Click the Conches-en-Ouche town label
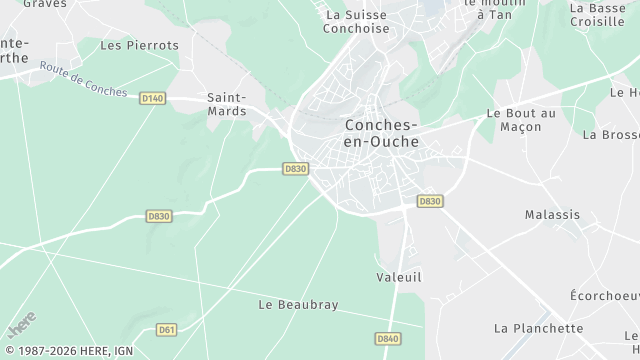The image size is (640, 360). click(x=381, y=134)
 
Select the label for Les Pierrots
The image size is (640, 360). click(x=140, y=45)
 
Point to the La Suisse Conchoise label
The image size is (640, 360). click(x=356, y=22)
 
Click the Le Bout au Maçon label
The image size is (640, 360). click(x=520, y=120)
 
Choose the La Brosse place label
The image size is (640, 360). click(x=610, y=134)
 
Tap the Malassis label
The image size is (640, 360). click(x=552, y=214)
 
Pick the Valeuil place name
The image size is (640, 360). click(x=400, y=276)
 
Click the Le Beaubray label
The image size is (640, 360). click(x=298, y=304)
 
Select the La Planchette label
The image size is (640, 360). click(x=538, y=328)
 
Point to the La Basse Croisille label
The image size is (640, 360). click(x=597, y=14)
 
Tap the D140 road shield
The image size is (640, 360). click(x=152, y=98)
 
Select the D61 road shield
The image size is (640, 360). click(x=167, y=329)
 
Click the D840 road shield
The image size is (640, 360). click(x=388, y=339)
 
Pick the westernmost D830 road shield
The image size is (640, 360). click(x=159, y=216)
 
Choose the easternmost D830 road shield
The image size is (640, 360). click(x=430, y=201)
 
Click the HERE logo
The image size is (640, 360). click(x=21, y=325)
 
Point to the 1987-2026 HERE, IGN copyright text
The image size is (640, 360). click(x=68, y=351)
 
